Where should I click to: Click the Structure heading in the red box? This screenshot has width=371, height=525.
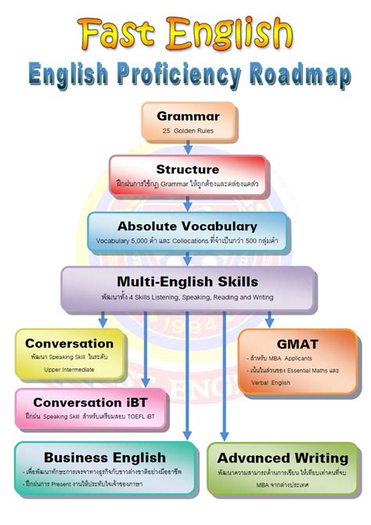(188, 169)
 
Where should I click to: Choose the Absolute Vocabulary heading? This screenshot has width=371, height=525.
(187, 226)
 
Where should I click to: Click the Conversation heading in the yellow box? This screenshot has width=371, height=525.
(69, 343)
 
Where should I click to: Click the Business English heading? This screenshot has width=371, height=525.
(105, 457)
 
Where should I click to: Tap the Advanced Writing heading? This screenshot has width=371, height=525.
(283, 457)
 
